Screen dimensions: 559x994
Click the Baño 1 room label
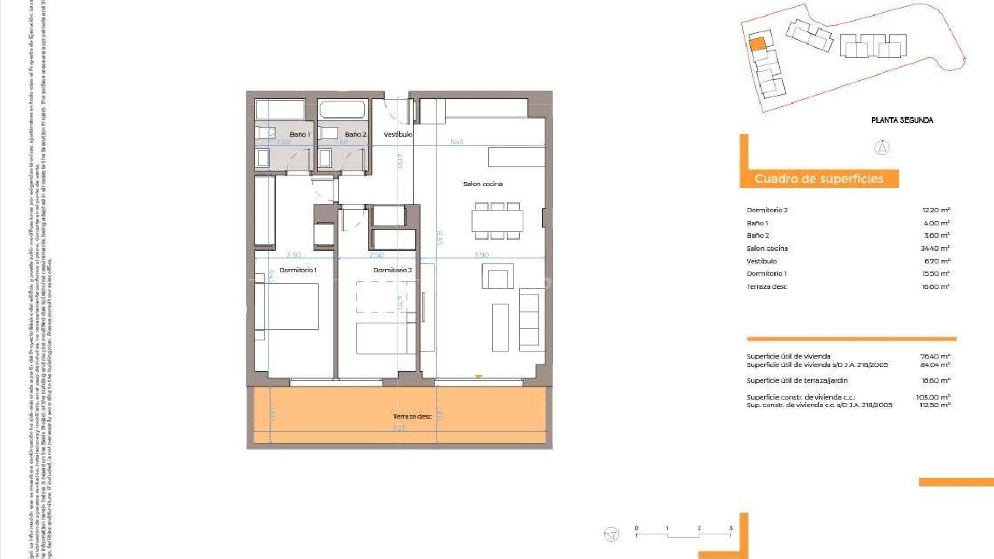coord(300,135)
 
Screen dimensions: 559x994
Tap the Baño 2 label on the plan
coord(355,135)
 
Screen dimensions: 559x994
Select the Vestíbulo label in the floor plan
coord(398,135)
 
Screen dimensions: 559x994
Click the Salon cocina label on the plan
coord(483,184)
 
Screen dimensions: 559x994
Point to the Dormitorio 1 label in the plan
coord(298,270)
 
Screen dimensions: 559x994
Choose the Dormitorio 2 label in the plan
coord(392,270)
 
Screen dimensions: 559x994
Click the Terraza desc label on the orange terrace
coord(412,416)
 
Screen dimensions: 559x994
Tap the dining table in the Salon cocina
coord(497,221)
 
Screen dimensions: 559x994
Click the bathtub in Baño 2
coord(343,110)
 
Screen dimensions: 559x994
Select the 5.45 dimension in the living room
coord(457,142)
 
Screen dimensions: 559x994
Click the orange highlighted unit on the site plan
coord(757,45)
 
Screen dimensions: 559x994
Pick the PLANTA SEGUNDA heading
coord(902,120)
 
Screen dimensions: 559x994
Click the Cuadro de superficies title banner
coord(819,179)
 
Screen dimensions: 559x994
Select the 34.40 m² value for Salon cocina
coord(935,248)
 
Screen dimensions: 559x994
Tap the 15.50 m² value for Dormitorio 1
coord(935,274)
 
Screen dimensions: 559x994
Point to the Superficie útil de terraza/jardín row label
coord(797,381)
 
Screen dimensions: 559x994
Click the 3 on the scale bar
coord(730,528)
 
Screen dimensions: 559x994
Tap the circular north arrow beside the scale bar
coord(611,535)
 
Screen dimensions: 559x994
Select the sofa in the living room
coord(529,320)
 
